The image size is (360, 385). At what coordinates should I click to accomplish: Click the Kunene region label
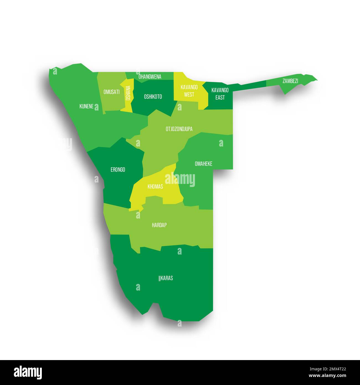tap(86, 106)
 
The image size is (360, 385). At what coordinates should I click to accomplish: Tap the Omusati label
tap(111, 92)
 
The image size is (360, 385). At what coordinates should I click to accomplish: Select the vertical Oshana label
tap(128, 93)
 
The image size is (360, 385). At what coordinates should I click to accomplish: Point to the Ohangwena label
tap(150, 77)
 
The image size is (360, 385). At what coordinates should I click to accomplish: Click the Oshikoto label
tap(153, 97)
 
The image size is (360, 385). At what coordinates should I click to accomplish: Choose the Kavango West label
tap(189, 91)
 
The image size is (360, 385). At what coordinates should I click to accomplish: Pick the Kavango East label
tap(220, 94)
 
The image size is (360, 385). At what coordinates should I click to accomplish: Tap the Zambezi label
tap(290, 81)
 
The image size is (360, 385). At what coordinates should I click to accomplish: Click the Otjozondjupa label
tap(179, 129)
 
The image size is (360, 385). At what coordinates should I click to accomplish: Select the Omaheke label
tap(204, 164)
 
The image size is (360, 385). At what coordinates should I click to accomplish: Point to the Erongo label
tap(118, 170)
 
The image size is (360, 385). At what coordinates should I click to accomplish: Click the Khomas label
tap(155, 187)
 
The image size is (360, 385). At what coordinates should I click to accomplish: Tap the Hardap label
tap(159, 225)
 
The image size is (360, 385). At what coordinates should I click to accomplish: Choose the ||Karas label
tap(166, 278)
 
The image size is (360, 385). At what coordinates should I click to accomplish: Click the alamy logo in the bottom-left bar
tap(28, 372)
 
